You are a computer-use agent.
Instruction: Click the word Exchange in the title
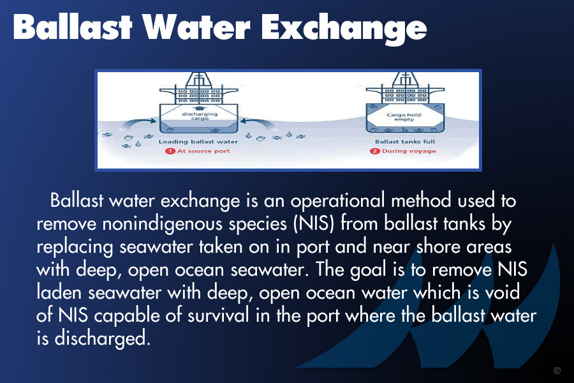click(344, 28)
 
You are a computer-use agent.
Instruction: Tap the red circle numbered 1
click(170, 151)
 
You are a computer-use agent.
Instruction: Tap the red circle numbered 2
click(374, 151)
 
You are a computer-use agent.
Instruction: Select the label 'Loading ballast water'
click(198, 142)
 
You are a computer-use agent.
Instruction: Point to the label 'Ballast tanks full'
click(405, 142)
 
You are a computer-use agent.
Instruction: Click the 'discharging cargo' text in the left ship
click(200, 116)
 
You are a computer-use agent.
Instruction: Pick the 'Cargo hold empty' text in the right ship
click(404, 117)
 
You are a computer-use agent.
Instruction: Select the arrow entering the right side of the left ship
click(258, 123)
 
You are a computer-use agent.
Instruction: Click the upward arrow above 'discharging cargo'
click(199, 109)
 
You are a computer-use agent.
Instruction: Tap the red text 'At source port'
click(203, 151)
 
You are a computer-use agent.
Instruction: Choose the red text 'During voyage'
click(409, 151)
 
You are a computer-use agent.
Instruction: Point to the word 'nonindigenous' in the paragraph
click(162, 224)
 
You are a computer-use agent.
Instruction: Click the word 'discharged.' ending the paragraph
click(103, 338)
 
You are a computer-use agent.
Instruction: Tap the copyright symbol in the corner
click(557, 370)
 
